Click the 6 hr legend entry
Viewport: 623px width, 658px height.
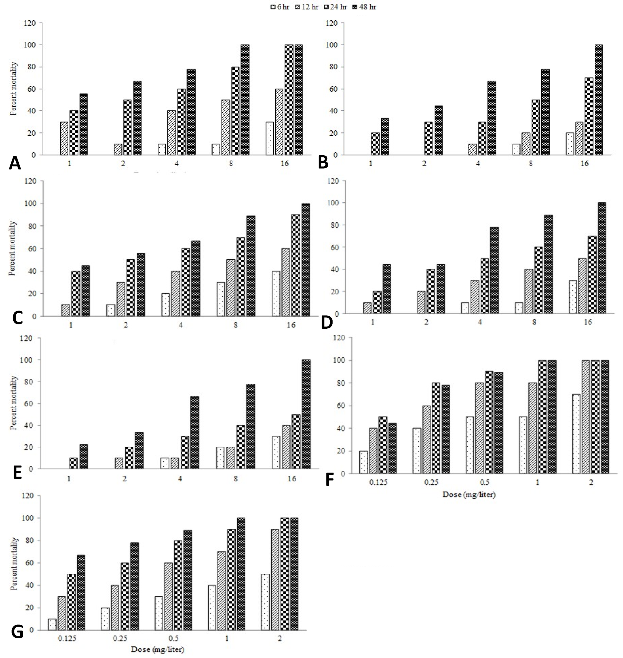(280, 7)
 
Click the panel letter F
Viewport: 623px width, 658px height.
(329, 480)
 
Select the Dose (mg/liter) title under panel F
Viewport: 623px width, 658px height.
(469, 495)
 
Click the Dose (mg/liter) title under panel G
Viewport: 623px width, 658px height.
(157, 649)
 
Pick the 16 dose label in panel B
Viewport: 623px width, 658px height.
(585, 163)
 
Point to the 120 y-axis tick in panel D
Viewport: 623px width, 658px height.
(333, 181)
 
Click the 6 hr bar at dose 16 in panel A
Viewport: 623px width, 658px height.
(270, 138)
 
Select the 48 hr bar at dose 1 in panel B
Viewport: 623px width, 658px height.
(385, 137)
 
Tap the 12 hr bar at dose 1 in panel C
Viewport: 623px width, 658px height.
(65, 310)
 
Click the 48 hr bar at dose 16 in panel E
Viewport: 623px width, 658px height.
(306, 414)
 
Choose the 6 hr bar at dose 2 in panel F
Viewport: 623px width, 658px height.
(577, 434)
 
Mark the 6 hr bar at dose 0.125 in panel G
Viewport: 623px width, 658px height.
(52, 624)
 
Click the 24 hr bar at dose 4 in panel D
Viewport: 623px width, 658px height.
(485, 286)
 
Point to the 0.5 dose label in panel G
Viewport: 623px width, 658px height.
(173, 638)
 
